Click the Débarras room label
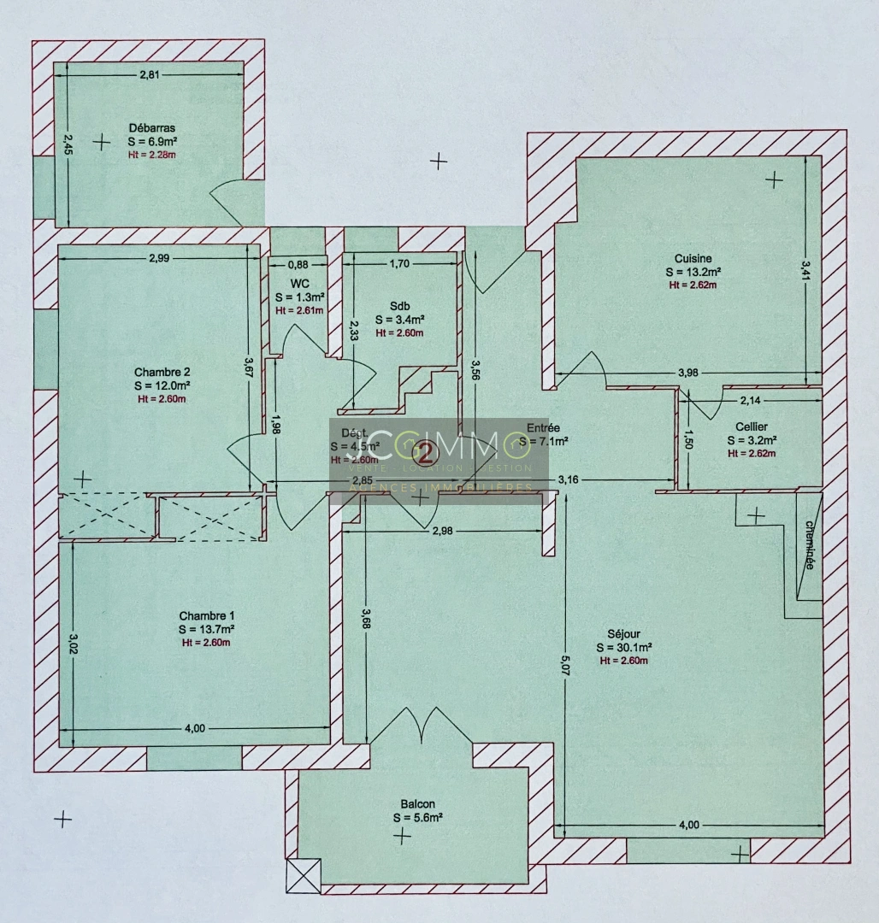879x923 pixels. [x=152, y=128]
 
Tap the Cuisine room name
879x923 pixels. [x=693, y=259]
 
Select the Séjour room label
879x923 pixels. [x=624, y=633]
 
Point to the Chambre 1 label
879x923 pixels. [x=206, y=616]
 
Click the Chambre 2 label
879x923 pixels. [x=162, y=372]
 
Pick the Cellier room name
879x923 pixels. [x=751, y=426]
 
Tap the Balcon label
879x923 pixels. [x=417, y=804]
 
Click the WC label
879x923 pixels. [x=299, y=283]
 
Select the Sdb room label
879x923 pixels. [x=399, y=305]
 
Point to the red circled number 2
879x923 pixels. [x=422, y=452]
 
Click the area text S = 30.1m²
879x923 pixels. [x=624, y=647]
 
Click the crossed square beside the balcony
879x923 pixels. [x=304, y=875]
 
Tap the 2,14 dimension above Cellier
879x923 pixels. [x=749, y=400]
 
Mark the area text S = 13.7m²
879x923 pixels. [x=206, y=629]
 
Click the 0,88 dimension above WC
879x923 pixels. [x=298, y=264]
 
